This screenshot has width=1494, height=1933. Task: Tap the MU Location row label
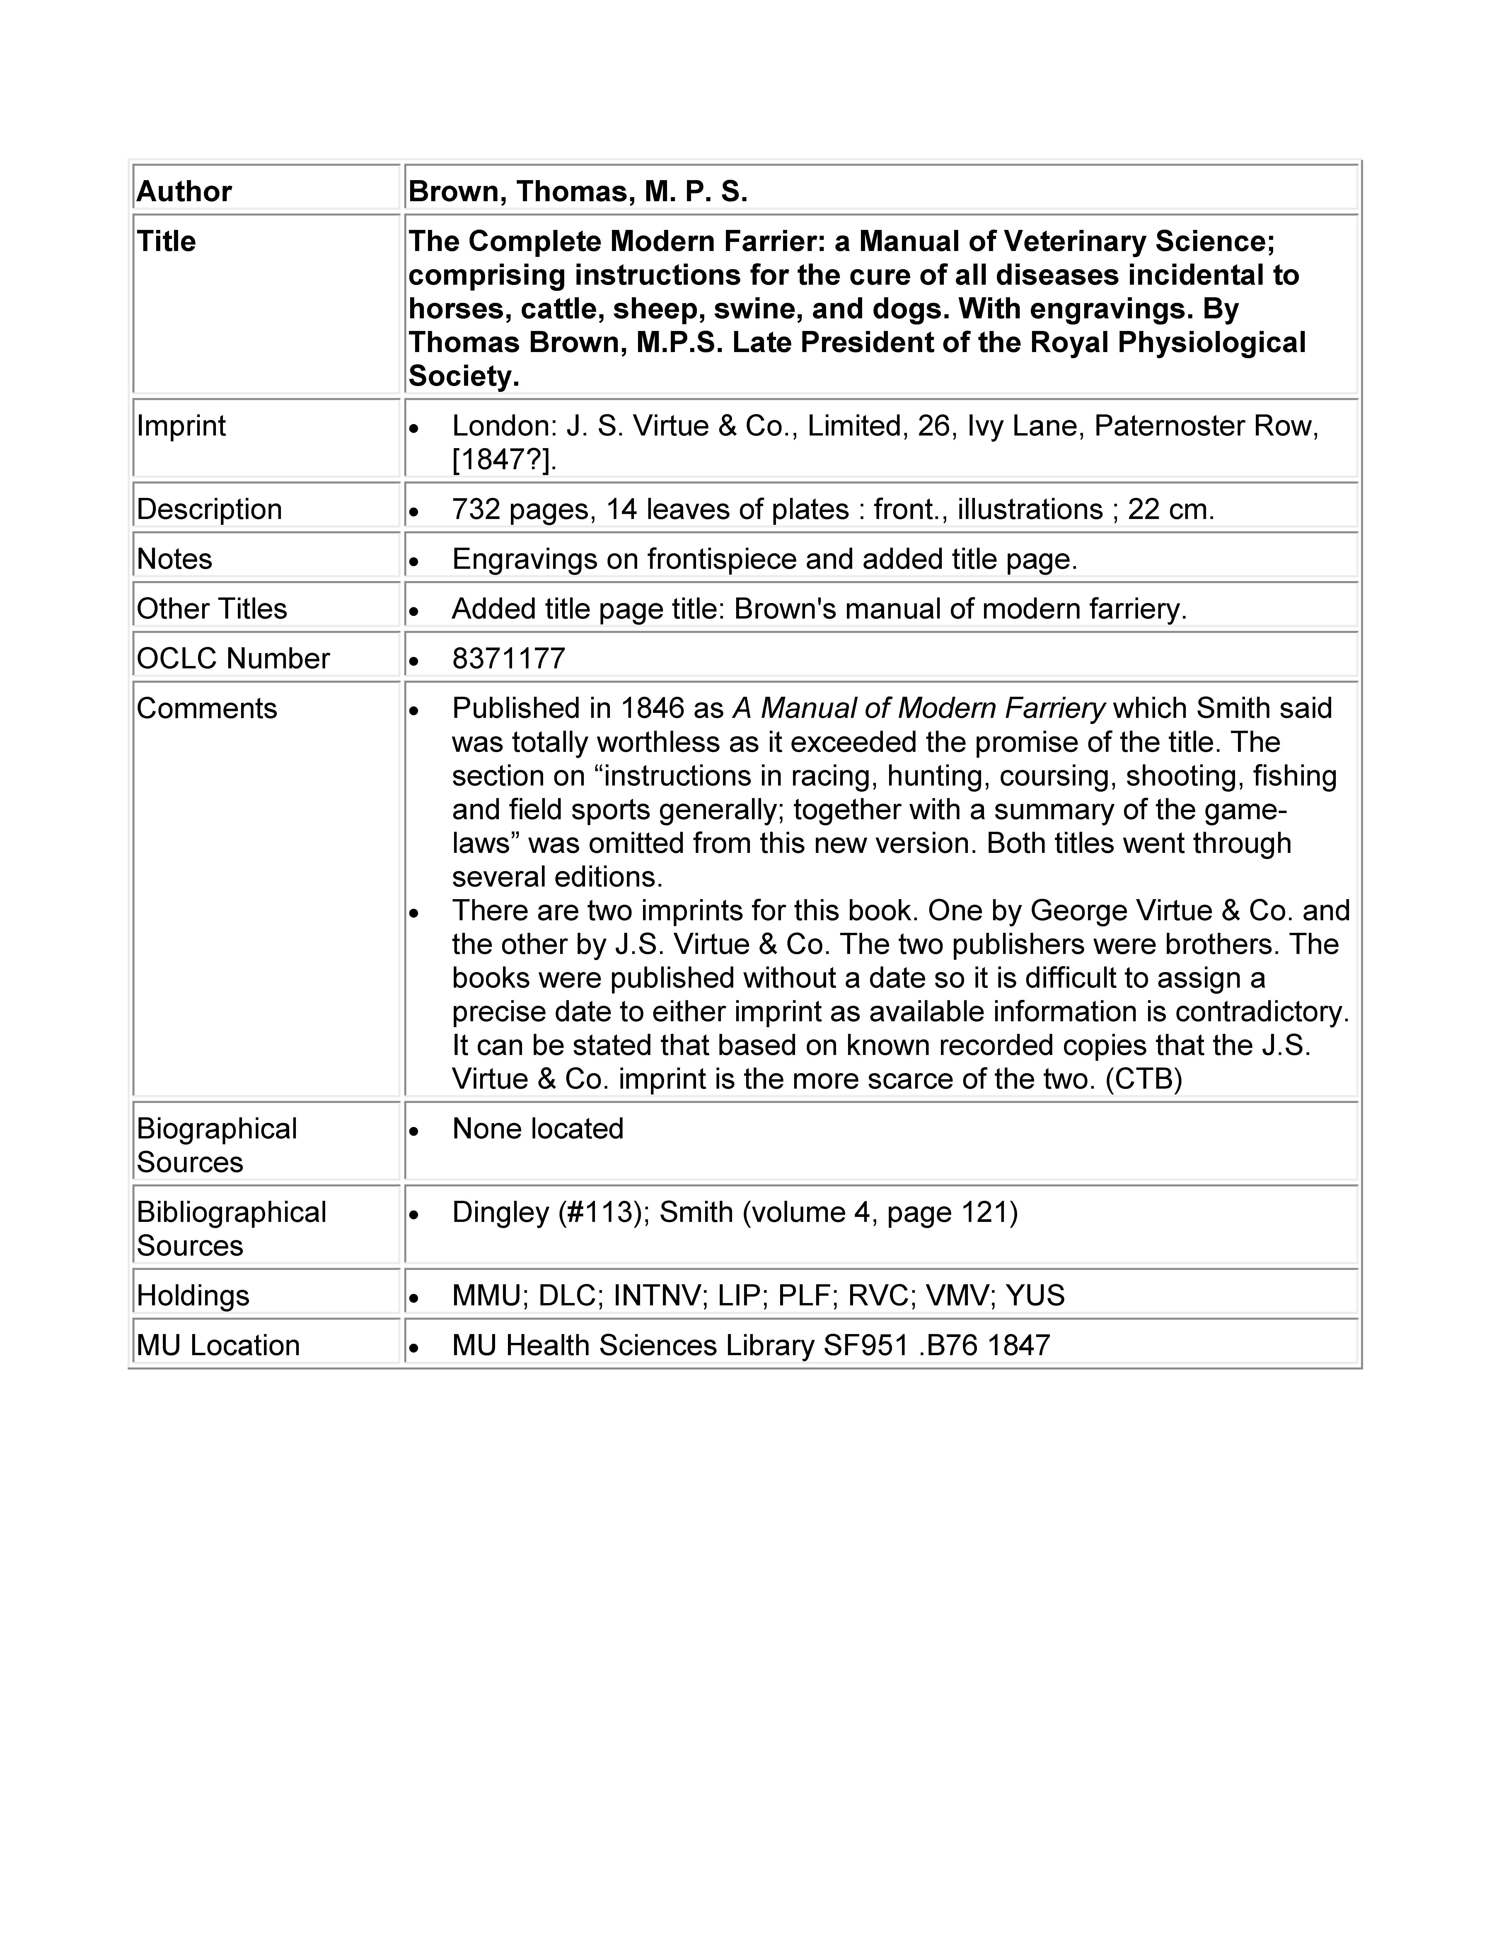click(218, 1345)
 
